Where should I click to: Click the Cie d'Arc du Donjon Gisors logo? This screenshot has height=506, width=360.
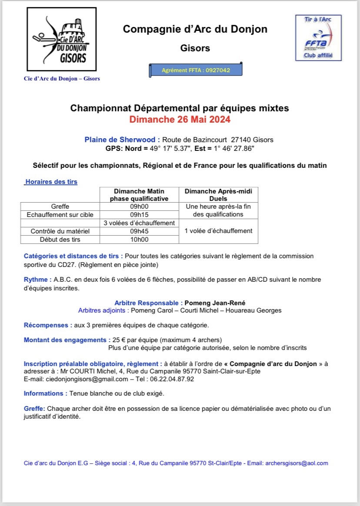click(63, 40)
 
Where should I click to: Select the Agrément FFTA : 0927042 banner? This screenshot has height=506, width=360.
click(196, 70)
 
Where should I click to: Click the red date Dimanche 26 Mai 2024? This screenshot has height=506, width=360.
click(180, 119)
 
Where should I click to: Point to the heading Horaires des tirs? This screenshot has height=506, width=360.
click(51, 182)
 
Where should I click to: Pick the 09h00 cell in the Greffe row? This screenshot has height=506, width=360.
click(139, 206)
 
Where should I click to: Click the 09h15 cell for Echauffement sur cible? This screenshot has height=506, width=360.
click(139, 215)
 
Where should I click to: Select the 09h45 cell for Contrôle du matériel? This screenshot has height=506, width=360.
click(139, 231)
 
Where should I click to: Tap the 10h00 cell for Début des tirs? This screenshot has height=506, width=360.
click(139, 240)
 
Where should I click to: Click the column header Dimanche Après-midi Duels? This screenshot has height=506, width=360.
click(218, 195)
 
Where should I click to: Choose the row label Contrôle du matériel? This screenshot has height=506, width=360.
click(60, 231)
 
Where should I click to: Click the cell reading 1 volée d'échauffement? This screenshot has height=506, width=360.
click(218, 231)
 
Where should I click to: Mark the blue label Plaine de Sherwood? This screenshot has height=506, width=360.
click(120, 140)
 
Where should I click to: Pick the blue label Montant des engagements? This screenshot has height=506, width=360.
click(64, 340)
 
